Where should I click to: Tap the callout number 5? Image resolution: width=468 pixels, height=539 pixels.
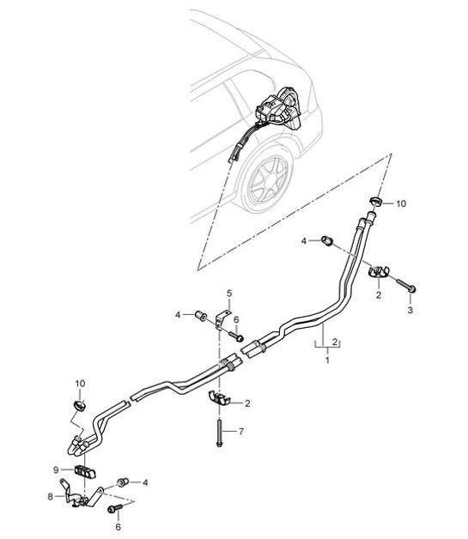pos(229,294)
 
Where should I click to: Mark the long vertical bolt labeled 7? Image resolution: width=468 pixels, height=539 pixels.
pos(219,429)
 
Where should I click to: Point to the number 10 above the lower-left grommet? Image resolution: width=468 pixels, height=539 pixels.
pos(81,382)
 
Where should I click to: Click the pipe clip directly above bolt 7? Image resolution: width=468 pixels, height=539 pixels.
pos(220,399)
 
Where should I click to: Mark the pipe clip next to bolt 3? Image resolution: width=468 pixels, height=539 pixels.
pos(378,275)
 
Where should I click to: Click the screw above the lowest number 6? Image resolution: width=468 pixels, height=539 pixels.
pos(114,510)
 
